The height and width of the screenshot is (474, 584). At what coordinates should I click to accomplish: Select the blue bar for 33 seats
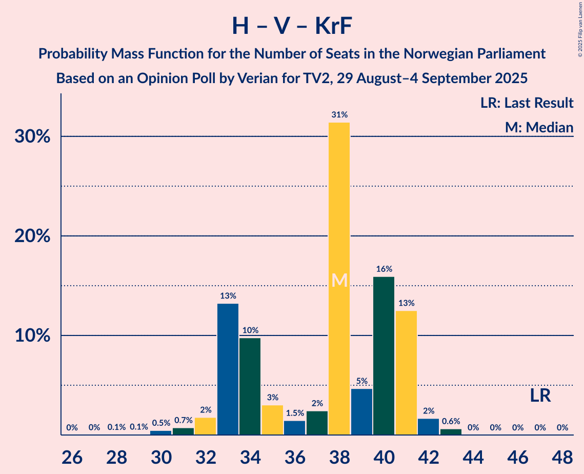pyautogui.click(x=228, y=369)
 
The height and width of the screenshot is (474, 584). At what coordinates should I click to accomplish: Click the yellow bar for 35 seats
pyautogui.click(x=272, y=420)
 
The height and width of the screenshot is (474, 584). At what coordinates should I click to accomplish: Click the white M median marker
pyautogui.click(x=339, y=280)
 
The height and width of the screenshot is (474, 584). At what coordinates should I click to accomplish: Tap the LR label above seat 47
pyautogui.click(x=540, y=396)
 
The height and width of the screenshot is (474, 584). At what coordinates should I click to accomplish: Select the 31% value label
pyautogui.click(x=339, y=115)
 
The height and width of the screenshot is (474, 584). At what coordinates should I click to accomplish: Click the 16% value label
pyautogui.click(x=384, y=269)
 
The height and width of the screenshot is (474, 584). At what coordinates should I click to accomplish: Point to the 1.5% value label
pyautogui.click(x=294, y=413)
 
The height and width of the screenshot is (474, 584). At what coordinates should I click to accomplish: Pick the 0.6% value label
pyautogui.click(x=451, y=421)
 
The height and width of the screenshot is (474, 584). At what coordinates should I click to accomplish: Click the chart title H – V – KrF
pyautogui.click(x=292, y=26)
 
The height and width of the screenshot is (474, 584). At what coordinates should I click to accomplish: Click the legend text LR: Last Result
pyautogui.click(x=527, y=103)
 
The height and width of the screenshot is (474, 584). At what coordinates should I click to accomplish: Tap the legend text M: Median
pyautogui.click(x=539, y=127)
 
